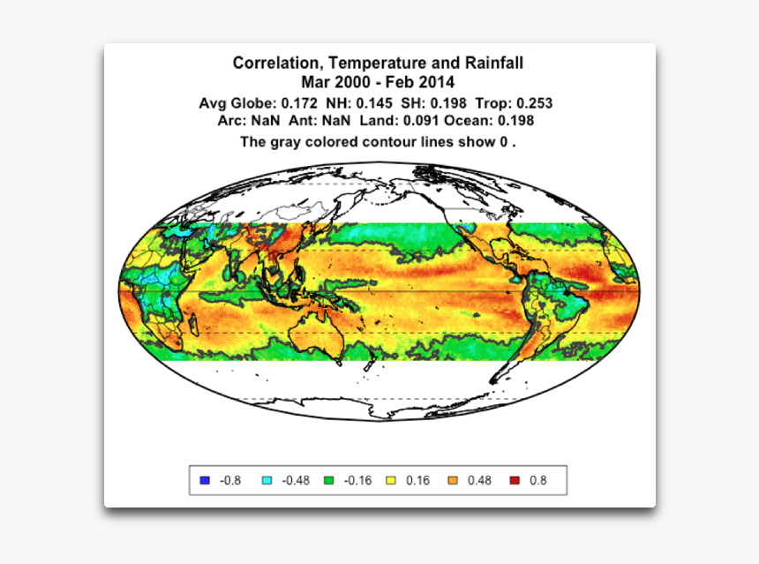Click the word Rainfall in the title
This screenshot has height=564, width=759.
(x=492, y=64)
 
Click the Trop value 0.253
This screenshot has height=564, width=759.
(x=534, y=103)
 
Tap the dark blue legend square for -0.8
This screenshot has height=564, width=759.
(x=205, y=481)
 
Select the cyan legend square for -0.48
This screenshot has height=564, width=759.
(x=267, y=481)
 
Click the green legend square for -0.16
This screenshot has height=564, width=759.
(x=328, y=481)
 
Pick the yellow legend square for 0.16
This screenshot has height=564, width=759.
(x=392, y=481)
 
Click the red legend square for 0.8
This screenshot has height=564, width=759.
(x=514, y=481)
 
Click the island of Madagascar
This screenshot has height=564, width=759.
(x=193, y=327)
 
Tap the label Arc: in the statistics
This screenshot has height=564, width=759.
(x=232, y=121)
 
